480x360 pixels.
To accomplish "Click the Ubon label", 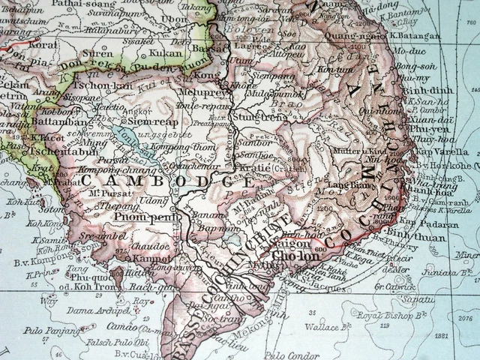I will pyautogui.click(x=175, y=19).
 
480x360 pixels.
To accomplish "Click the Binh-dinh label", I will pyautogui.click(x=418, y=88).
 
